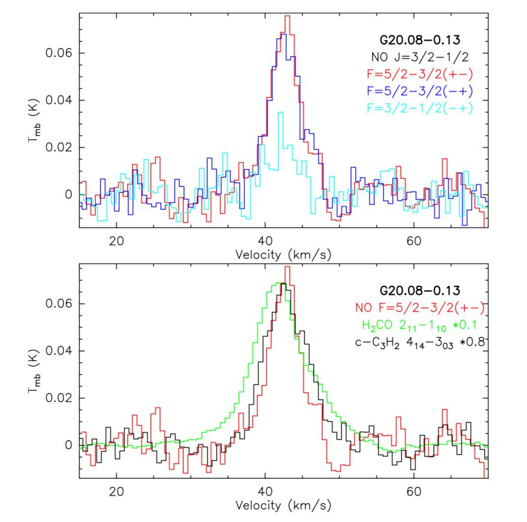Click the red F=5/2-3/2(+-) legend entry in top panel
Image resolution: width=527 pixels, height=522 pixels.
[x=420, y=74]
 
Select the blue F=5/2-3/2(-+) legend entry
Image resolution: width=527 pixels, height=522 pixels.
[x=420, y=91]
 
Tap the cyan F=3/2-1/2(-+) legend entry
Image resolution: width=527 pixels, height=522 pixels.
[x=420, y=108]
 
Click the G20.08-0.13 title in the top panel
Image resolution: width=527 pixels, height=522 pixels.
[x=420, y=40]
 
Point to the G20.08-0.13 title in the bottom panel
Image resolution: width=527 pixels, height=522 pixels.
[x=420, y=291]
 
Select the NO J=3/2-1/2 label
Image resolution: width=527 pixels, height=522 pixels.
[x=420, y=57]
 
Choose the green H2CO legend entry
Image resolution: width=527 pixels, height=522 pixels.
[x=420, y=325]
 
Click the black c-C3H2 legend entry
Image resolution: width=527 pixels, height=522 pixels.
[x=420, y=343]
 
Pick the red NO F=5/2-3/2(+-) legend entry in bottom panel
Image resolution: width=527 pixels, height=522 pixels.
[x=420, y=308]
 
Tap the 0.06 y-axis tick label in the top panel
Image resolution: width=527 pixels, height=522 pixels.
[x=59, y=53]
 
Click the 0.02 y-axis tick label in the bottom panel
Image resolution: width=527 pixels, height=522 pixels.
[x=59, y=398]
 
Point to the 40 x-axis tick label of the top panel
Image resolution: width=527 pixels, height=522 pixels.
[x=265, y=241]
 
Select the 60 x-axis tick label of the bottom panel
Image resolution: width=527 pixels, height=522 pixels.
[x=413, y=492]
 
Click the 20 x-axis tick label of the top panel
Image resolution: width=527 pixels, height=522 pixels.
[x=116, y=241]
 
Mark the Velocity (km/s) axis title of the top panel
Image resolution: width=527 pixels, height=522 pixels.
[x=284, y=255]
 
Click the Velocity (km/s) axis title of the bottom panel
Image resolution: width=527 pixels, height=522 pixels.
[x=284, y=505]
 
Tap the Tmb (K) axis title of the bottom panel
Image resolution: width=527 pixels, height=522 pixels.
[x=34, y=371]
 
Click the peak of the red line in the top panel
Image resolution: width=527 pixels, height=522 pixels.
[x=287, y=16]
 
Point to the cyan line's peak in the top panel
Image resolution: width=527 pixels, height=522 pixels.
[x=281, y=112]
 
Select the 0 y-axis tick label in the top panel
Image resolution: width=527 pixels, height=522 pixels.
[x=69, y=194]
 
